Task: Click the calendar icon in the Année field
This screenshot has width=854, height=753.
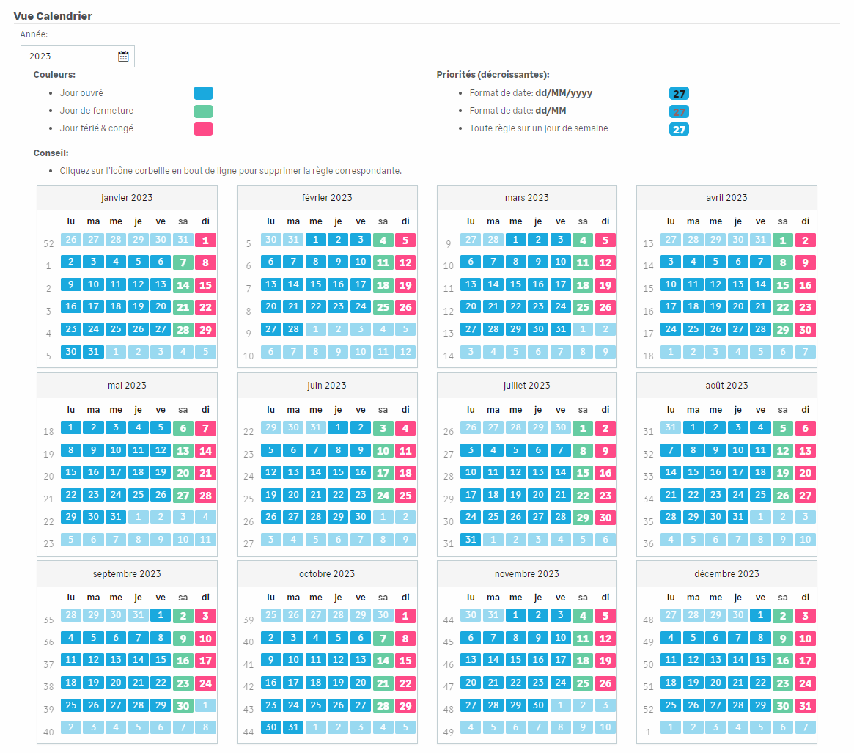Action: [x=123, y=56]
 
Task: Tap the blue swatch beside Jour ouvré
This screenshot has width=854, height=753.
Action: [x=203, y=93]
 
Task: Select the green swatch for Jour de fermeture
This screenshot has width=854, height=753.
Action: [x=203, y=111]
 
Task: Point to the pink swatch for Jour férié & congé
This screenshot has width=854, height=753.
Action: [x=203, y=128]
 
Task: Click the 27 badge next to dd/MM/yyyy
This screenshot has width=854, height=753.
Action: [x=679, y=93]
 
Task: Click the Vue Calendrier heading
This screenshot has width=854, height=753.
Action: [x=53, y=16]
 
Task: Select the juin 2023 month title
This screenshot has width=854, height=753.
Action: [x=327, y=386]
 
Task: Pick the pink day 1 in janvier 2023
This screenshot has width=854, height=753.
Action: [x=205, y=240]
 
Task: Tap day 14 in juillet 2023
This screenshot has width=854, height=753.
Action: [x=560, y=472]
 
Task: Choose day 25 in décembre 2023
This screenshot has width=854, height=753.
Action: [x=671, y=705]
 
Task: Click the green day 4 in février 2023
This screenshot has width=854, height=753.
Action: [x=383, y=240]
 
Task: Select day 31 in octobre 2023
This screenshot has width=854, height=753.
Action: [x=293, y=727]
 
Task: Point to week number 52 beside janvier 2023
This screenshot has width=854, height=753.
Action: [x=48, y=243]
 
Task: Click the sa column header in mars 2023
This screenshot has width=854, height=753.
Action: [x=583, y=221]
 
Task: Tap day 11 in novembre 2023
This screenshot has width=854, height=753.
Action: [x=583, y=638]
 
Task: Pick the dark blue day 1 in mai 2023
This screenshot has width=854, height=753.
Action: [x=71, y=427]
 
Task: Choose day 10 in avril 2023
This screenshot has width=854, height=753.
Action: [x=671, y=284]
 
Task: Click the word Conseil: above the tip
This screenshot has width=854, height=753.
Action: [x=51, y=153]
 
